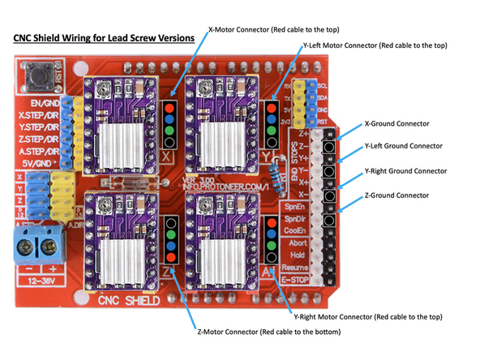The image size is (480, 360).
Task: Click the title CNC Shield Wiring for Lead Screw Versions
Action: tap(104, 37)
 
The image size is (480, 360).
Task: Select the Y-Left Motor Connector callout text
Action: tap(373, 46)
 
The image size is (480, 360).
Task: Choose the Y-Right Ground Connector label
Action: tap(406, 171)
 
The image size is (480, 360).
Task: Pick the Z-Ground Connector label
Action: tap(397, 195)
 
